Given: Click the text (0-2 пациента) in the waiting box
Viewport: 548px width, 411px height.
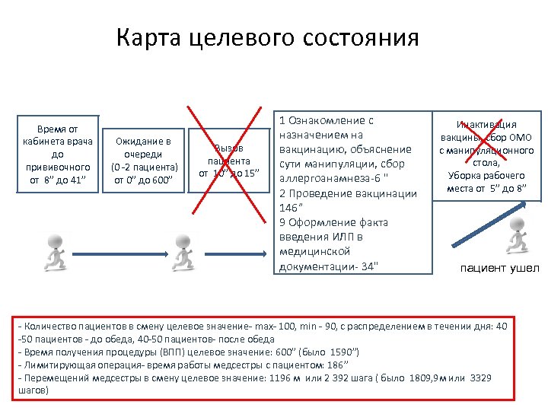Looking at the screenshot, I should (144, 167).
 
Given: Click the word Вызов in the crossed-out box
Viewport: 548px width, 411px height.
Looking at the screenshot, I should (229, 148).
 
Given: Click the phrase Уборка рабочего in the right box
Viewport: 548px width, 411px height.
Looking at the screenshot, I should (486, 175).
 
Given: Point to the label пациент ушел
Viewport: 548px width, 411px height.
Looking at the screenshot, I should (499, 268).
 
